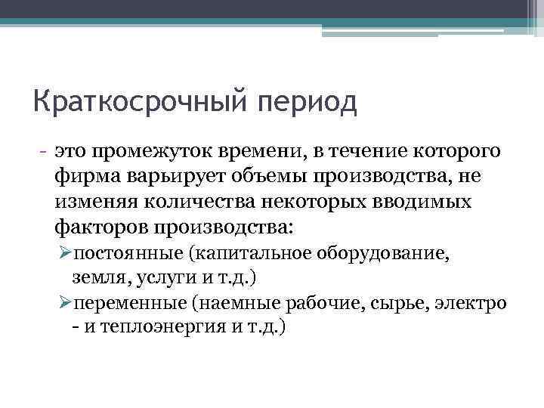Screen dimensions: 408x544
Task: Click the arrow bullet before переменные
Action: [x=65, y=304]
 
